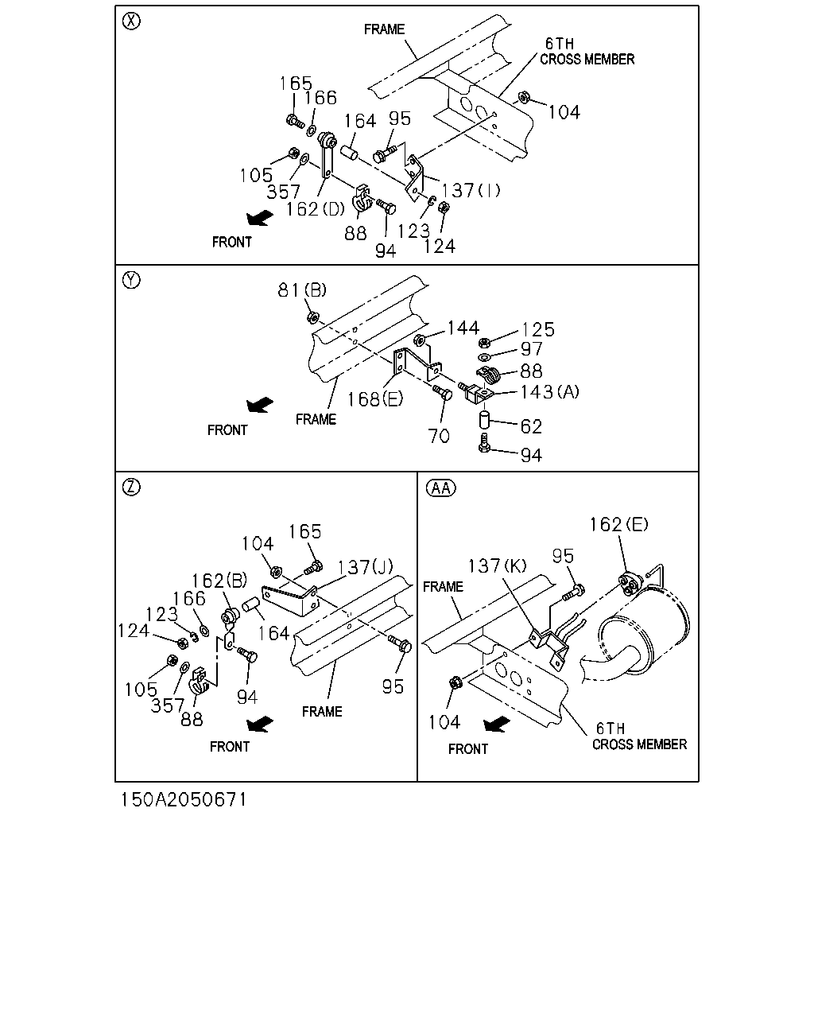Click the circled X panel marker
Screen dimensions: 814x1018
pos(131,21)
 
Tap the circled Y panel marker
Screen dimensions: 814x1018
pos(131,281)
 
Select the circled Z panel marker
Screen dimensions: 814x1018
pos(131,488)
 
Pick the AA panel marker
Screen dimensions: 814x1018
pos(441,488)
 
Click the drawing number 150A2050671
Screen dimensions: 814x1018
pos(184,799)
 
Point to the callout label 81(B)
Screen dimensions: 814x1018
pos(302,290)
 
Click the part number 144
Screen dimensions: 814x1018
pos(463,328)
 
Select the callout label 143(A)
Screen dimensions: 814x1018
pos(549,391)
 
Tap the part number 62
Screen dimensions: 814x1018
pos(531,427)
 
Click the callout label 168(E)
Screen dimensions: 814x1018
pos(375,399)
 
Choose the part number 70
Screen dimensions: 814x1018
pos(439,436)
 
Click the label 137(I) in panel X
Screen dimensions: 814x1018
pos(471,191)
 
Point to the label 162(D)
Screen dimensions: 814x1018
pos(316,209)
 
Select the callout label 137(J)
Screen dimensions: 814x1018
pos(365,566)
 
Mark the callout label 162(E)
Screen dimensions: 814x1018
pos(618,524)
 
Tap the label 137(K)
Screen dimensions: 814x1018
pos(497,565)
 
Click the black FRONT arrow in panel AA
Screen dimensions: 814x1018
pos(497,725)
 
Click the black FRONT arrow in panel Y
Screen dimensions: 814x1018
pos(260,405)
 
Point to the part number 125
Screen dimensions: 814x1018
pos(538,330)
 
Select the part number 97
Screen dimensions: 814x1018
pos(531,349)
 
